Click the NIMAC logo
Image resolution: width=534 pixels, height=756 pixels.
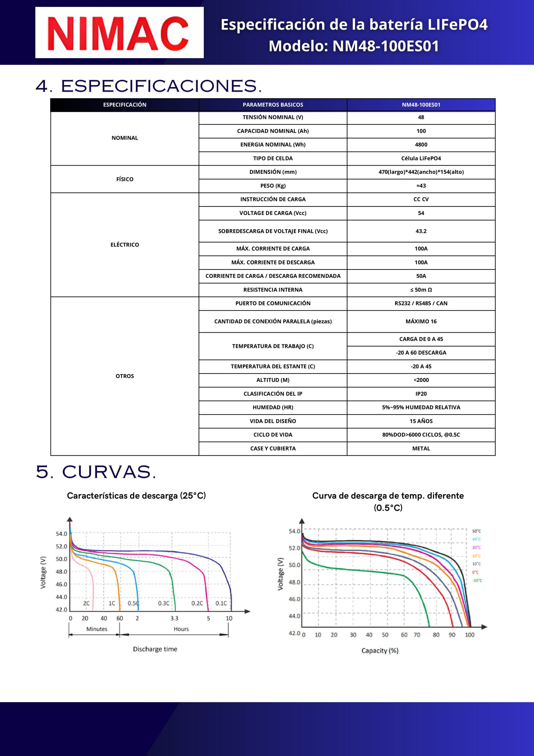(x=119, y=33)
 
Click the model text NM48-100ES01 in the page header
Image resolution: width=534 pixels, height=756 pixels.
(x=385, y=46)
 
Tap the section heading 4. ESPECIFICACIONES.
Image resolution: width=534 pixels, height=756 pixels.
(x=149, y=86)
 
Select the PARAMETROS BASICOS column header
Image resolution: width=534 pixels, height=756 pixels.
(x=273, y=105)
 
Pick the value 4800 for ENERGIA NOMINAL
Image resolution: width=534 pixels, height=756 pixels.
(x=421, y=144)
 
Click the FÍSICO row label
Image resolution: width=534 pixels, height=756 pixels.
(x=124, y=179)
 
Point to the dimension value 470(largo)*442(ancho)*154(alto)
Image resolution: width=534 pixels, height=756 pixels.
(x=421, y=172)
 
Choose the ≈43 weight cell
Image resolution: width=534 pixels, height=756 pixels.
(x=421, y=186)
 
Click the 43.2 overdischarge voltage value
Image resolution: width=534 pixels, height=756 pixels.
(x=421, y=231)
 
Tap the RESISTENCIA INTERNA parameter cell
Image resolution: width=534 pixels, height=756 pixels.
(x=273, y=290)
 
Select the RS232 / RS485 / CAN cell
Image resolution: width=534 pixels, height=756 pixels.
(x=421, y=303)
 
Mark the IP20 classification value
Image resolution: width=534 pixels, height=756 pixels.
(x=421, y=394)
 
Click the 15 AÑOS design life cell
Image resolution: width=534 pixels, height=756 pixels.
(x=421, y=421)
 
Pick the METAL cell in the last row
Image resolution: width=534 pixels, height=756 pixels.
(x=421, y=449)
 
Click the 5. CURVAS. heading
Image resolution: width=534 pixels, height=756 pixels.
(x=96, y=472)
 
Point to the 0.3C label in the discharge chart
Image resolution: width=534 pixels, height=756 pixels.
(x=164, y=603)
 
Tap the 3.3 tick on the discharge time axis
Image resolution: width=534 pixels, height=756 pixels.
(x=174, y=618)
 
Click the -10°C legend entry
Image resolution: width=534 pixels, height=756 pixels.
(x=477, y=581)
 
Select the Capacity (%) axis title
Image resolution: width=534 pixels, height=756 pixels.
(x=380, y=651)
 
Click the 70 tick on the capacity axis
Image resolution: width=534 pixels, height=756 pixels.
(x=417, y=635)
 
